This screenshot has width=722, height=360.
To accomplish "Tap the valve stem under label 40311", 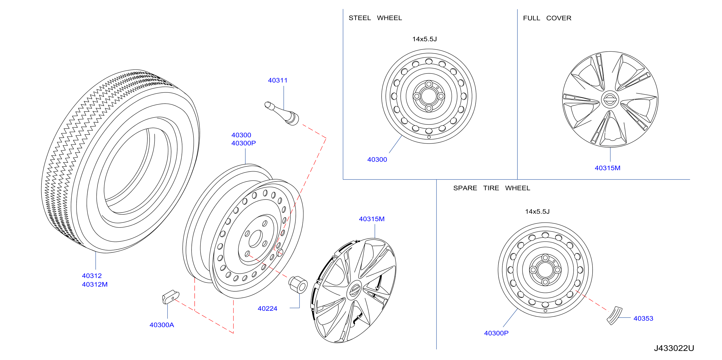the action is click(x=282, y=113).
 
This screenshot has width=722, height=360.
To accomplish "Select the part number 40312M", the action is click(x=95, y=285).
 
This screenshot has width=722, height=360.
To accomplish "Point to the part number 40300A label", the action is click(x=162, y=325).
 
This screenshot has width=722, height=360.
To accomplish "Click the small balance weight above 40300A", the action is click(x=171, y=297).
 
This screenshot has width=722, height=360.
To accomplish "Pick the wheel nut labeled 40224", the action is click(x=298, y=285).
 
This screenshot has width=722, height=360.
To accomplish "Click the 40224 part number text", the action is click(x=267, y=309).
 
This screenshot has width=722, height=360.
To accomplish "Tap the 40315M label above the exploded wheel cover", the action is click(x=372, y=219).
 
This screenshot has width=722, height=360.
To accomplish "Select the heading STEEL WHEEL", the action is click(x=375, y=18).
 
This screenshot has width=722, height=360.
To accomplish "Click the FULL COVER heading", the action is click(x=547, y=18).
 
